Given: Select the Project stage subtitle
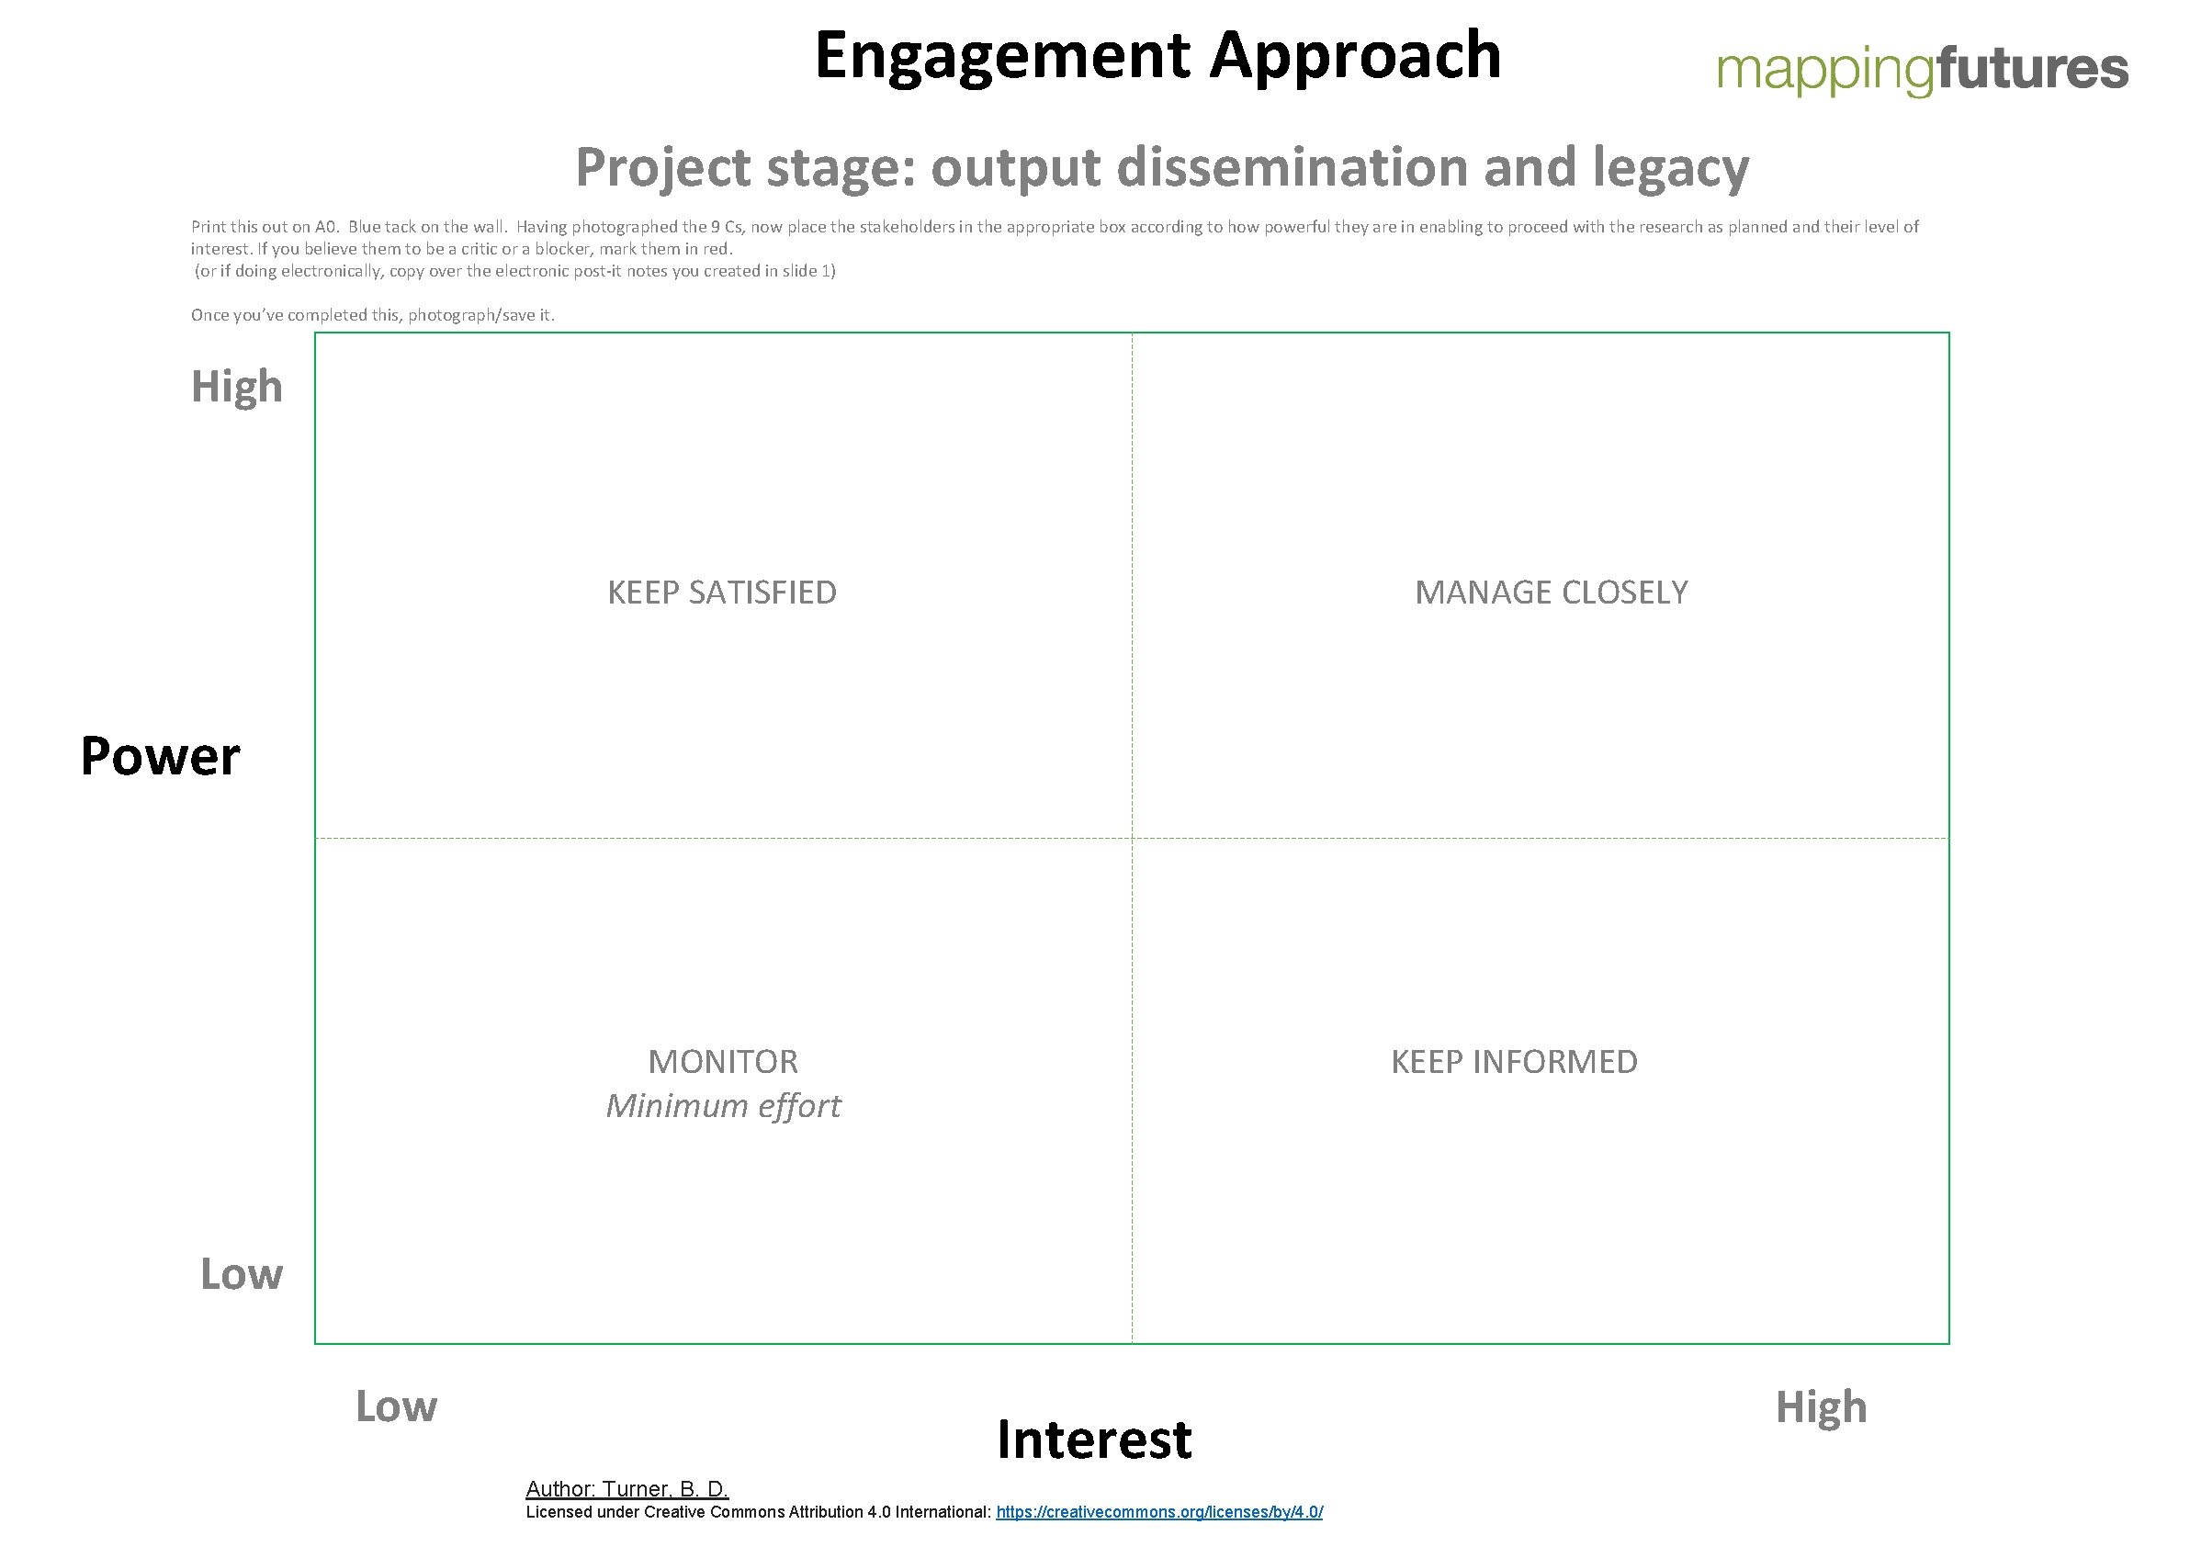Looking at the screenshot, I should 1162,168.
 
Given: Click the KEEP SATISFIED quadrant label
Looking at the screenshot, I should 722,593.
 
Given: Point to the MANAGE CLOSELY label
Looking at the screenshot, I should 1551,593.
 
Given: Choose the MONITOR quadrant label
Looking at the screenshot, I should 723,1062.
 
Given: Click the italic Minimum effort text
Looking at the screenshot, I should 723,1105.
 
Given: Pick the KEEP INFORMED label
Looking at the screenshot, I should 1514,1062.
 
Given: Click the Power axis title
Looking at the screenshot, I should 160,756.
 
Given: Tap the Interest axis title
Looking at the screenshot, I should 1094,1440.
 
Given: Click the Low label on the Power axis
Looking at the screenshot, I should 242,1274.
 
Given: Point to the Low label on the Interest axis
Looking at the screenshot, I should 396,1406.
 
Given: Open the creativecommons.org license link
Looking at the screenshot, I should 1159,1512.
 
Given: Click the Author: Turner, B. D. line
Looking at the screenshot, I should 627,1489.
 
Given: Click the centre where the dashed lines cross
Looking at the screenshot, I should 1132,839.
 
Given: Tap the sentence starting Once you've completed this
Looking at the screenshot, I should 372,315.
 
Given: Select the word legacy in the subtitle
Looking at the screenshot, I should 1670,168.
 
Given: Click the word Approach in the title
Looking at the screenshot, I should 1355,55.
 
